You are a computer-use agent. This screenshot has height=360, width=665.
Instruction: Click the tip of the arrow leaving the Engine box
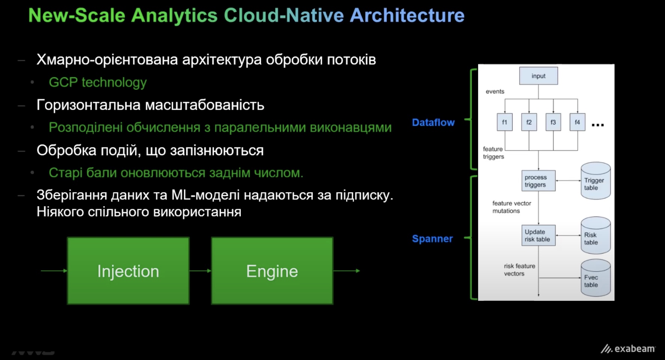click(x=360, y=271)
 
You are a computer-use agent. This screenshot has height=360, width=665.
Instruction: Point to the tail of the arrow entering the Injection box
click(x=41, y=271)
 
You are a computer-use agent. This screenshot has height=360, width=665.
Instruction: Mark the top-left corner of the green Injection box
click(x=68, y=238)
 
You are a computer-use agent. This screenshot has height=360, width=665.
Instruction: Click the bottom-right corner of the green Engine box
click(x=333, y=304)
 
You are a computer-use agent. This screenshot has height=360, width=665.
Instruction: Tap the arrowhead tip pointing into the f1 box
click(x=505, y=113)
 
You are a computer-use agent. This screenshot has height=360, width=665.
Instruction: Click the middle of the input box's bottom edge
click(x=538, y=85)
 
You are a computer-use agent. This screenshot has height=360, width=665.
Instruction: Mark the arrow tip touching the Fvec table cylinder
click(x=581, y=278)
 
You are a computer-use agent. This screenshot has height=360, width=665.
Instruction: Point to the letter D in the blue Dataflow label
click(x=415, y=122)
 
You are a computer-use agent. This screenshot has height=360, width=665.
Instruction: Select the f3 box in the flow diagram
click(x=553, y=122)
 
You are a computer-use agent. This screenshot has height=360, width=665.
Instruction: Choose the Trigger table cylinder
click(x=595, y=181)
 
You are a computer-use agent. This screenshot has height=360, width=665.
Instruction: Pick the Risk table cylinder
click(x=595, y=235)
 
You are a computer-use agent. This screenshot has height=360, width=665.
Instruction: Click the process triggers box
click(x=538, y=181)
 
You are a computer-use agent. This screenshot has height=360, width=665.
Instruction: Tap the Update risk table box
click(x=538, y=235)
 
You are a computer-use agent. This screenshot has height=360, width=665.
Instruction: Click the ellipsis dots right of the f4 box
click(x=598, y=125)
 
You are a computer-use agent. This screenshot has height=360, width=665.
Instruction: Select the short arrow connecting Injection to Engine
click(x=200, y=271)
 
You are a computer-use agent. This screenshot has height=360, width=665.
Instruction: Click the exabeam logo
click(x=628, y=349)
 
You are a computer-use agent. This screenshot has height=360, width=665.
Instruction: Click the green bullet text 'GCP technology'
click(x=98, y=82)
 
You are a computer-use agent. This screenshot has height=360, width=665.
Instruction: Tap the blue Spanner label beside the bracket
click(x=432, y=239)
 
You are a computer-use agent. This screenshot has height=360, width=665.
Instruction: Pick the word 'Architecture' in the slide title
click(x=407, y=15)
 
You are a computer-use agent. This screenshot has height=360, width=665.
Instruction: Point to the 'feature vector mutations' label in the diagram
click(x=511, y=207)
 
